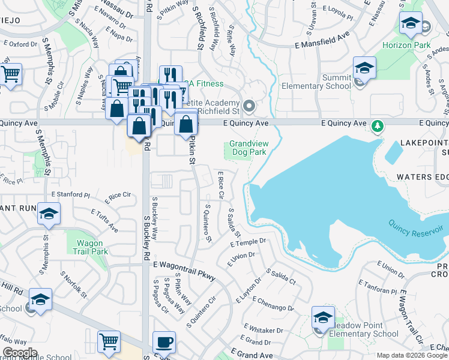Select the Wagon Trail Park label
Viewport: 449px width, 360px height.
tap(92, 247)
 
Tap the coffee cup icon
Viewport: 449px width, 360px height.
tap(164, 343)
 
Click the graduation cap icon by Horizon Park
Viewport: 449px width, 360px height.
tap(411, 25)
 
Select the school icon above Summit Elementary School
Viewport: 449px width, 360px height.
tap(364, 68)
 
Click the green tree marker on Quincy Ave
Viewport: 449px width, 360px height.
tap(378, 126)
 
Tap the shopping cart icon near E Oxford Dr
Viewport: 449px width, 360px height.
tap(11, 74)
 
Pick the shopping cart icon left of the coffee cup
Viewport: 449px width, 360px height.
tap(109, 342)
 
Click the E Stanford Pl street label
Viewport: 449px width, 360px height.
tap(70, 194)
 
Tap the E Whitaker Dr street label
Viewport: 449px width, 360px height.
tap(264, 329)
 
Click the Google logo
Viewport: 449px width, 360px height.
tap(20, 353)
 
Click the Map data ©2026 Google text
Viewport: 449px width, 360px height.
tap(412, 355)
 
